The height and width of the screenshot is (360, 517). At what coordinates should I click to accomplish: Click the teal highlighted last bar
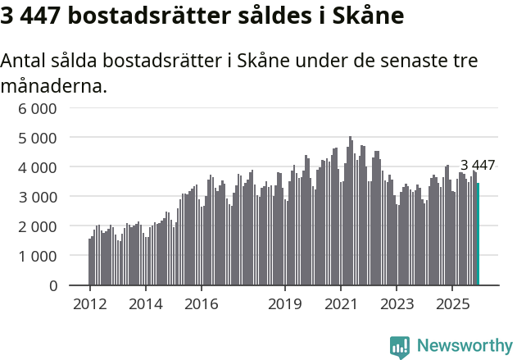[478, 234]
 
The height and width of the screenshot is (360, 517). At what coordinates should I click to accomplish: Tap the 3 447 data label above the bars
[477, 166]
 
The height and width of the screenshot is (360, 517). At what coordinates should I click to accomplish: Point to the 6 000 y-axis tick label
[39, 108]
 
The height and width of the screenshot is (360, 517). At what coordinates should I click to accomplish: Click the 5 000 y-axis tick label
[39, 138]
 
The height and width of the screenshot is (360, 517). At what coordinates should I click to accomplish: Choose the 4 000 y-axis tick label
[39, 167]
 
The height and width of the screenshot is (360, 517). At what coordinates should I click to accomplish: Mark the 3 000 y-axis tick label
[39, 197]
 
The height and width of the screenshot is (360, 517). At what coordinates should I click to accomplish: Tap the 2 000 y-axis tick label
[39, 226]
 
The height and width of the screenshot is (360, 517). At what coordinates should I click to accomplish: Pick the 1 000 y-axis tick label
[39, 256]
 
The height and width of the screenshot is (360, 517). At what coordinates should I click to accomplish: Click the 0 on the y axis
[52, 285]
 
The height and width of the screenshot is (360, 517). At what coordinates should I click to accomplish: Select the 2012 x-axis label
[89, 304]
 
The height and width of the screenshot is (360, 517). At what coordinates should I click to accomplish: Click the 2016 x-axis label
[201, 304]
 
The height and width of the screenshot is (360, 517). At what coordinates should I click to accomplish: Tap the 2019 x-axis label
[284, 304]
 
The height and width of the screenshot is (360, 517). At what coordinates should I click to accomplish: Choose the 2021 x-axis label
[340, 304]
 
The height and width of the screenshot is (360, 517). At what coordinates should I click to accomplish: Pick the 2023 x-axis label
[396, 304]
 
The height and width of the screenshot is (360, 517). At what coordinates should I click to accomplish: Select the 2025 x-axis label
[451, 304]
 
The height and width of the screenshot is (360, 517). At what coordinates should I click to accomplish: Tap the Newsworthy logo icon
[400, 347]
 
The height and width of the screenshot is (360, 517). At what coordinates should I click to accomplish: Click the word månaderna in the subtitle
[54, 85]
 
